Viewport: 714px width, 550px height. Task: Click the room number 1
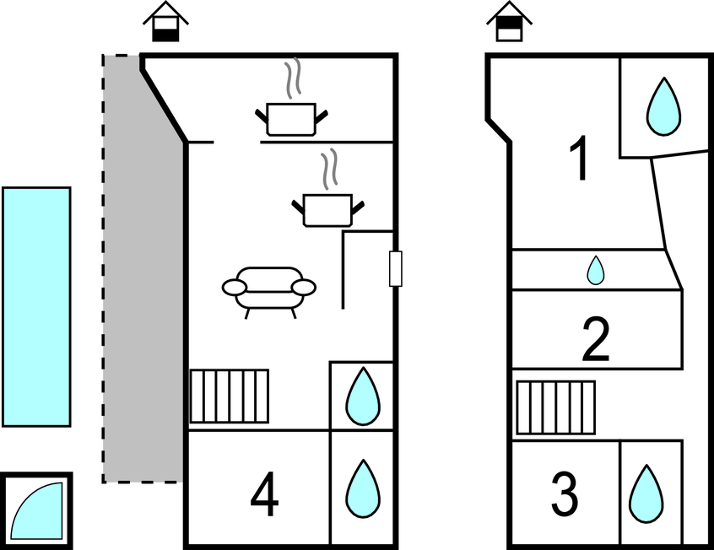coord(580,159)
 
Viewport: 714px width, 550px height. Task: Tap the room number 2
coord(596,340)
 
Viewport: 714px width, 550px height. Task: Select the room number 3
coord(565,494)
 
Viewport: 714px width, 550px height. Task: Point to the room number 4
coord(264,494)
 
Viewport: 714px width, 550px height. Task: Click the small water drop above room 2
coord(596,271)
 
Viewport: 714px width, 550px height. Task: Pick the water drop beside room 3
coord(646,494)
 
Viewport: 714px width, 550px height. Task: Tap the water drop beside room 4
coord(363,489)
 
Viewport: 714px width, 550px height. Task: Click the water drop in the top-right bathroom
coord(664,106)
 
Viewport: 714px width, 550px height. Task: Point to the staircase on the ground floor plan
coord(229,396)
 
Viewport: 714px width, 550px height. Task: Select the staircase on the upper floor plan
coord(556,407)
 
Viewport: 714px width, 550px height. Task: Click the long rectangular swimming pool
coord(36,307)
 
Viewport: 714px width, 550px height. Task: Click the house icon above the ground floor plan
coord(165,21)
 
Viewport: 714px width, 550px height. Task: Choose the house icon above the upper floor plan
coord(509,21)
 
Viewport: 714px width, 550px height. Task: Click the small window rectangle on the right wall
coord(396,268)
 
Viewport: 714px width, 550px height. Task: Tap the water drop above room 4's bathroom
coord(363,396)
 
